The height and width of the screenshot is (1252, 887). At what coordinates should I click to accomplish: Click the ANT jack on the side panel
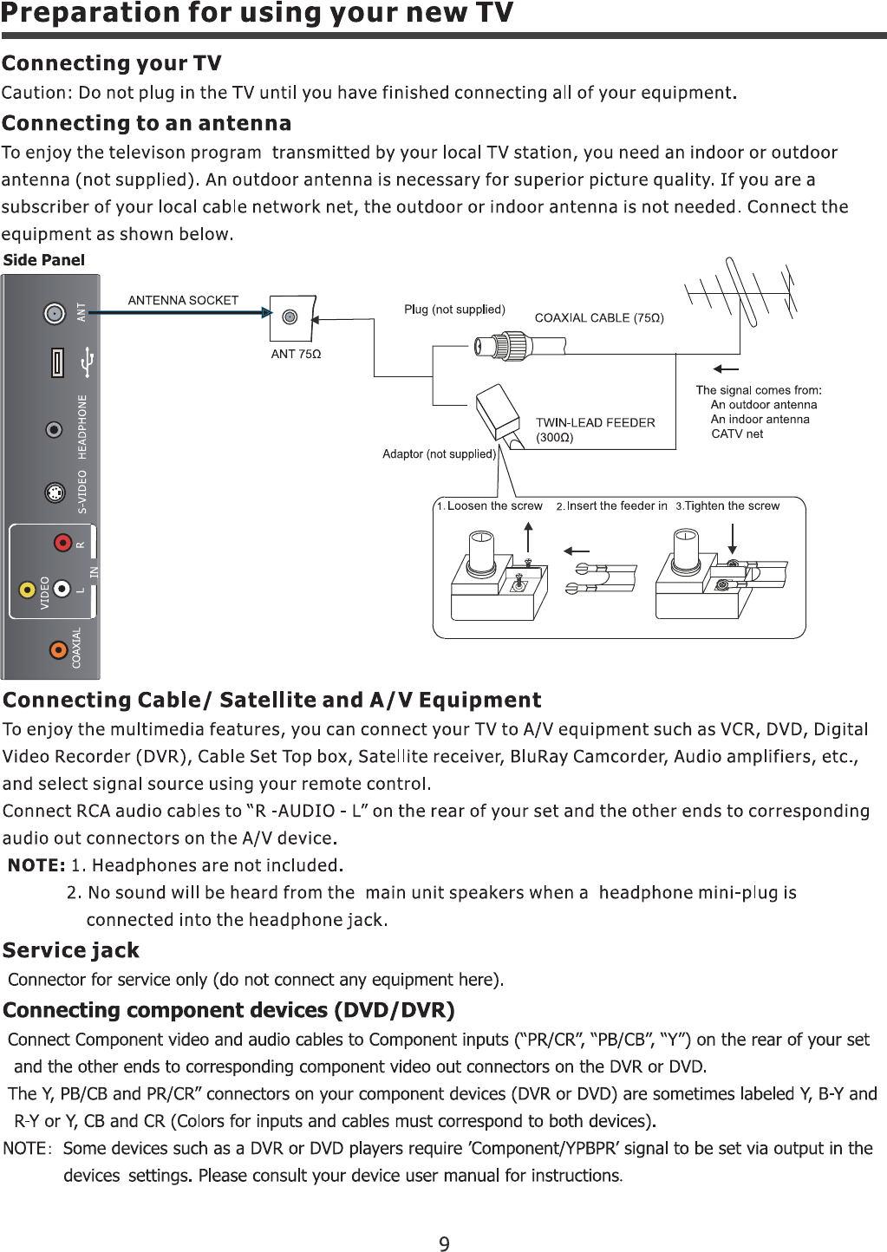click(x=55, y=313)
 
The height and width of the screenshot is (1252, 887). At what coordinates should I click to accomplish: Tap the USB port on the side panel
click(x=57, y=362)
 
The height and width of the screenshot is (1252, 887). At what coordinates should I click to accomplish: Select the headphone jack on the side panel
click(x=55, y=430)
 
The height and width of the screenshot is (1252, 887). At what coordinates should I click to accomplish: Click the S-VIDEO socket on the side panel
click(x=55, y=493)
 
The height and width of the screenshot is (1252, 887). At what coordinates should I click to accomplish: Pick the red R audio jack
click(x=62, y=543)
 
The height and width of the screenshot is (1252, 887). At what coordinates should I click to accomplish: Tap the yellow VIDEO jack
click(x=28, y=590)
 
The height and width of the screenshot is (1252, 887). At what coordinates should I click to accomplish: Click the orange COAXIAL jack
click(x=58, y=649)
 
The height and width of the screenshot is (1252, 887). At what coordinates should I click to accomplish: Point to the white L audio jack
click(x=62, y=589)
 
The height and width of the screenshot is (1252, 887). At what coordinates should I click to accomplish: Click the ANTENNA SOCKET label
click(x=183, y=301)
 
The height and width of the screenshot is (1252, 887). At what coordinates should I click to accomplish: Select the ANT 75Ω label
click(x=296, y=354)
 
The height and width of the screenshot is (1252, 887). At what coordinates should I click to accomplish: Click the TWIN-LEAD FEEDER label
click(x=595, y=423)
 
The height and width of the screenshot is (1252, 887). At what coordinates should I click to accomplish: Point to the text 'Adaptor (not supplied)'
click(x=439, y=454)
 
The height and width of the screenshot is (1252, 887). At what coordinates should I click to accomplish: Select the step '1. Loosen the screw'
click(x=490, y=506)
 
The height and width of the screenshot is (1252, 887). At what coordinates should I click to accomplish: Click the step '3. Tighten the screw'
click(x=728, y=506)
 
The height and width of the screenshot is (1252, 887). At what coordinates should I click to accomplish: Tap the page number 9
click(x=444, y=1244)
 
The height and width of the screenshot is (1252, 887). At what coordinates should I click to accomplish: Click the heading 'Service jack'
click(x=71, y=950)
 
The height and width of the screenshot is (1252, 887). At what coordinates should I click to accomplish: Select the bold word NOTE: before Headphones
click(x=36, y=865)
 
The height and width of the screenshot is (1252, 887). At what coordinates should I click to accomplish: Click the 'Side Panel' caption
click(x=44, y=260)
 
